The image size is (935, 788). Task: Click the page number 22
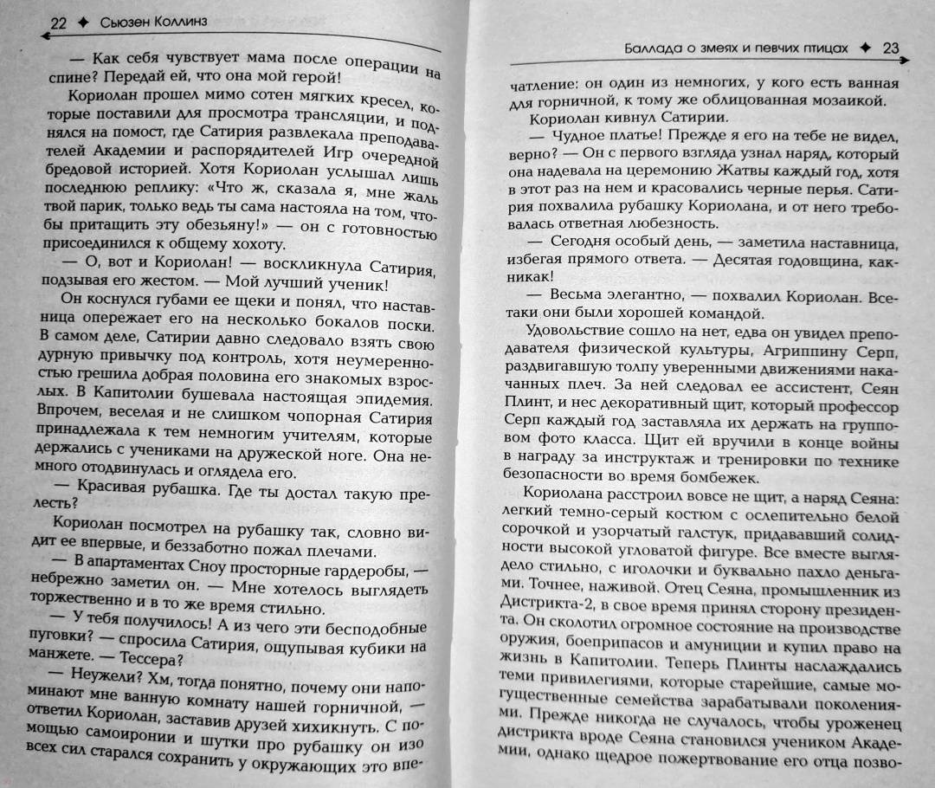pyautogui.click(x=58, y=23)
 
